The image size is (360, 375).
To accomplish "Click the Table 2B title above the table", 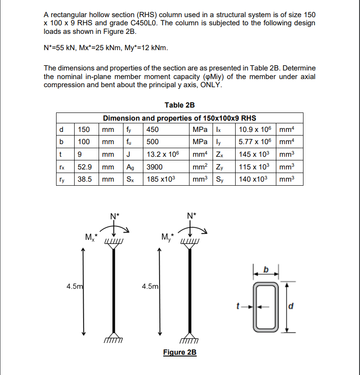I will [x=180, y=105].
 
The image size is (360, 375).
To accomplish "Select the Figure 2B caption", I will [x=180, y=352].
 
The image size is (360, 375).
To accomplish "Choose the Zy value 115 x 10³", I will [x=254, y=167].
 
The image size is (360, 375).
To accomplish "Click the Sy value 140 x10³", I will [x=254, y=179].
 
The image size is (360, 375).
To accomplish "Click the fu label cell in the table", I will [x=129, y=142].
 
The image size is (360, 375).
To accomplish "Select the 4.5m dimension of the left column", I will [x=75, y=286].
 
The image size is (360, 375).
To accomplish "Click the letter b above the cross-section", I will [x=266, y=270].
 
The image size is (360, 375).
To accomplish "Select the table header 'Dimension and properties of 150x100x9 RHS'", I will [x=180, y=118].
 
